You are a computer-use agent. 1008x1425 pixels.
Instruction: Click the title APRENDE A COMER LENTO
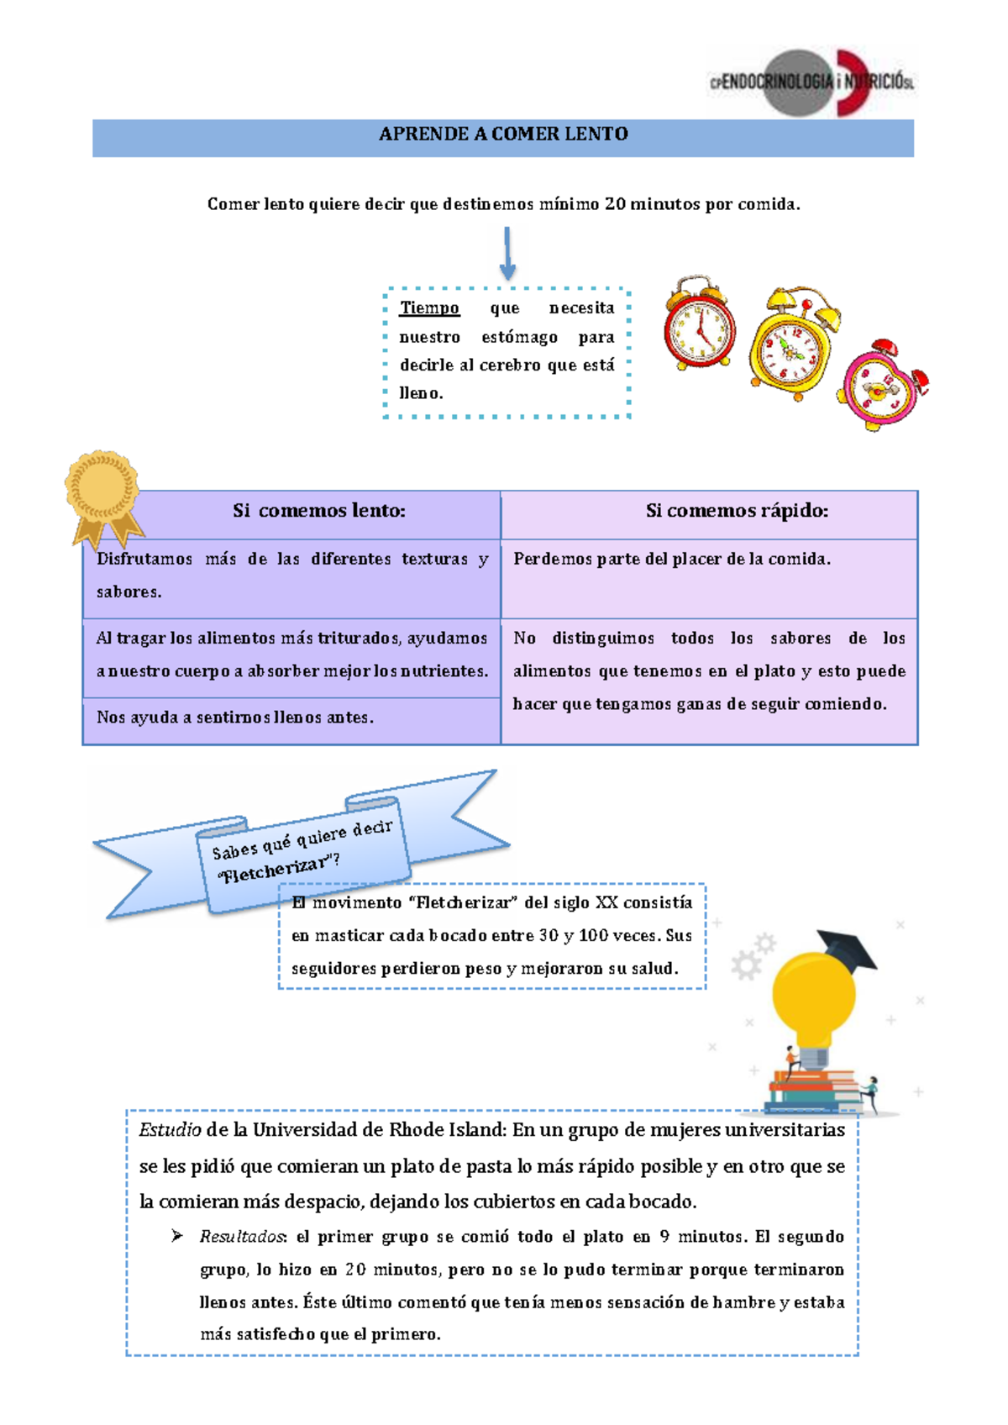pyautogui.click(x=503, y=134)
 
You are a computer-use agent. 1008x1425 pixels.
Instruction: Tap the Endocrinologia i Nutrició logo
pyautogui.click(x=812, y=82)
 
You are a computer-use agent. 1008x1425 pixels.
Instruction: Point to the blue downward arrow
pyautogui.click(x=507, y=253)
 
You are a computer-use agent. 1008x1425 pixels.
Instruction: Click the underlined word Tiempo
pyautogui.click(x=429, y=308)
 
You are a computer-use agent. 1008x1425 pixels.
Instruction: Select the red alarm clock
pyautogui.click(x=700, y=323)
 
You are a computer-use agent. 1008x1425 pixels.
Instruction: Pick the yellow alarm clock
pyautogui.click(x=794, y=344)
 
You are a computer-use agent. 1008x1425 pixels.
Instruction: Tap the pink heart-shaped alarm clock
pyautogui.click(x=884, y=385)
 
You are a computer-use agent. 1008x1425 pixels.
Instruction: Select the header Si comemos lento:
pyautogui.click(x=318, y=511)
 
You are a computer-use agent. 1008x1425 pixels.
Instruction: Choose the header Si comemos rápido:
pyautogui.click(x=737, y=511)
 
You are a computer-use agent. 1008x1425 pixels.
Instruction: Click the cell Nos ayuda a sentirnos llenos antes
pyautogui.click(x=234, y=718)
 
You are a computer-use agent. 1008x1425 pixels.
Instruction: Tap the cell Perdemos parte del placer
pyautogui.click(x=671, y=560)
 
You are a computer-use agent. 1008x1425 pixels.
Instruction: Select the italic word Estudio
pyautogui.click(x=170, y=1130)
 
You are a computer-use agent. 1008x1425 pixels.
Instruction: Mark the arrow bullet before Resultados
pyautogui.click(x=176, y=1235)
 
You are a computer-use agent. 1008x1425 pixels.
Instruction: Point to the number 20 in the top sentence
pyautogui.click(x=615, y=204)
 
